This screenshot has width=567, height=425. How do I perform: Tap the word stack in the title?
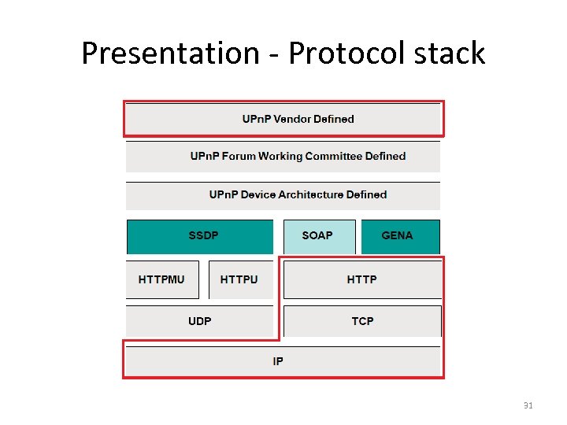point(451,54)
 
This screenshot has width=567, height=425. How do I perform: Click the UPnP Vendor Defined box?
point(283,119)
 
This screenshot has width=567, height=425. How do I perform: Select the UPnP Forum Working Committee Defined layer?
point(283,156)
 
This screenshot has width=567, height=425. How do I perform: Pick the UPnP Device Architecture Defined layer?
point(283,194)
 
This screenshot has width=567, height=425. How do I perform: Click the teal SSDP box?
point(200,236)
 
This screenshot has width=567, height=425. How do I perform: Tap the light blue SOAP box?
point(317,236)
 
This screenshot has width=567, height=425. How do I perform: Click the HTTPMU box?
point(162,279)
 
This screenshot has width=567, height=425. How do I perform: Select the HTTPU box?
point(239,279)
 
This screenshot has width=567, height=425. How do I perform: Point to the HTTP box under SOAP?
point(361,279)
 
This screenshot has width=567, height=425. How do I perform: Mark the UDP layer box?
point(199,321)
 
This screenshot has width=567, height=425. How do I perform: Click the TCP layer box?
point(361,321)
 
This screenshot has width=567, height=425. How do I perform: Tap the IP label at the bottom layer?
point(278,361)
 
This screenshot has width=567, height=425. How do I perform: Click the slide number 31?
point(528,405)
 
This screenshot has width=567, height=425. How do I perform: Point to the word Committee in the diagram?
point(318,156)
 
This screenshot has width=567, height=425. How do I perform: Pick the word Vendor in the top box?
point(292,119)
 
